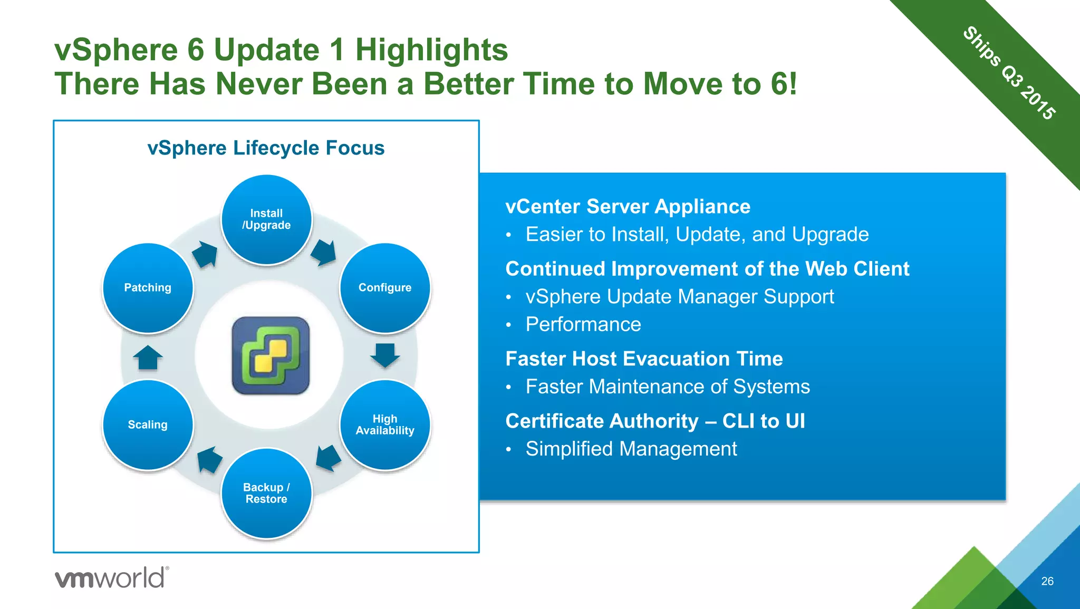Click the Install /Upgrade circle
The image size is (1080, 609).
(266, 219)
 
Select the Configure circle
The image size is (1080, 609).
(385, 288)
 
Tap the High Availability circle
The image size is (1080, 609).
(385, 424)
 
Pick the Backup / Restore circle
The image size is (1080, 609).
(266, 493)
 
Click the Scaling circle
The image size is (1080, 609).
(148, 424)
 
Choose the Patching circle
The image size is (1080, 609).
(148, 288)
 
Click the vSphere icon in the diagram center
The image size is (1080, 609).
(271, 355)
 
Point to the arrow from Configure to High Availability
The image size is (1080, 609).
(385, 355)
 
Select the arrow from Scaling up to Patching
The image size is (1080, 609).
(148, 357)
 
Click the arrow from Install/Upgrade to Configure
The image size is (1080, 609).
(324, 253)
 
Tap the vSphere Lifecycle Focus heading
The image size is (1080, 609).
(266, 148)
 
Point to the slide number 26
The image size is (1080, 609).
(1047, 581)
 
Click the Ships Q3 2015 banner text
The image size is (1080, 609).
(1009, 73)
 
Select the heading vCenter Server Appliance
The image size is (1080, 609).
(628, 207)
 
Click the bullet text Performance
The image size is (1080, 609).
(583, 324)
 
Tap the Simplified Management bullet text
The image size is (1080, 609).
(631, 449)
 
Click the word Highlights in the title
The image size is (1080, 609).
(431, 50)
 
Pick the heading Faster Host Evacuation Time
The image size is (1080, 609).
(644, 359)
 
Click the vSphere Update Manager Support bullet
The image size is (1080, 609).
(680, 297)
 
